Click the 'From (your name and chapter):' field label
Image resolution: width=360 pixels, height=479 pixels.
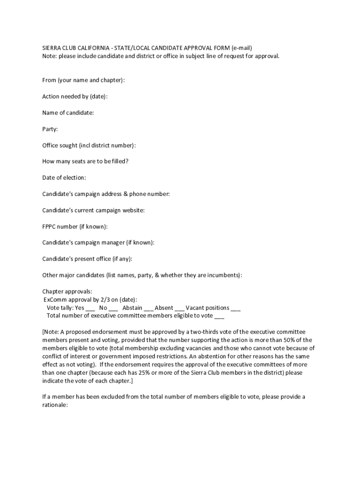[83, 80]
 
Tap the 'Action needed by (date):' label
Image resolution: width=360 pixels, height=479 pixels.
[75, 96]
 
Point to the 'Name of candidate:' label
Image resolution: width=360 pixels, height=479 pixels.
[68, 113]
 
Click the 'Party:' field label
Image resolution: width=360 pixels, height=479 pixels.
[50, 129]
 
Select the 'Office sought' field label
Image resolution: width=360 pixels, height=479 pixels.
[89, 145]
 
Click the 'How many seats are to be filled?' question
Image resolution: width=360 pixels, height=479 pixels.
[85, 161]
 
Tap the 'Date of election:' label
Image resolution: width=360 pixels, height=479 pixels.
[64, 178]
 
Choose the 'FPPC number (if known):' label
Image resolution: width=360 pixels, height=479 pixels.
[75, 226]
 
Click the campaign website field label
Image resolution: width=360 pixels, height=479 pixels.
[94, 210]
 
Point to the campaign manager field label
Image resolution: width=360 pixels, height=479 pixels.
[98, 242]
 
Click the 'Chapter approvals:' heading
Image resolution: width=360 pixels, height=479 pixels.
[67, 291]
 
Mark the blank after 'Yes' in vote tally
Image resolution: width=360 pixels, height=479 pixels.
[90, 309]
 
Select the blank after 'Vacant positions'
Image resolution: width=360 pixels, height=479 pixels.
[236, 309]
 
